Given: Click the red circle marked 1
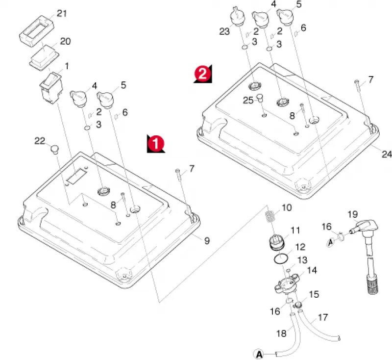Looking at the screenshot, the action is pyautogui.click(x=155, y=144).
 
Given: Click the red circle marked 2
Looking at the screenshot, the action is pyautogui.click(x=202, y=74).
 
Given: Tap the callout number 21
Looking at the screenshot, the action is pyautogui.click(x=62, y=13).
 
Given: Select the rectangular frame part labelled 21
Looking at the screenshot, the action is pyautogui.click(x=37, y=31).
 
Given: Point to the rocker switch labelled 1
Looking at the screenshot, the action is pyautogui.click(x=51, y=88).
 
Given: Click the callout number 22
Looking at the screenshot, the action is pyautogui.click(x=40, y=141).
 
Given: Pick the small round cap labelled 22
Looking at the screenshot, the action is pyautogui.click(x=55, y=149).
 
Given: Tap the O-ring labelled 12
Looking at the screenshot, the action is pyautogui.click(x=281, y=258).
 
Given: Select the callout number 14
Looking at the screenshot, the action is pyautogui.click(x=312, y=270).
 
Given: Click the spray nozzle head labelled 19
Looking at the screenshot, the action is pyautogui.click(x=365, y=226).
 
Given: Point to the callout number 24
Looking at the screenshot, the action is pyautogui.click(x=387, y=154).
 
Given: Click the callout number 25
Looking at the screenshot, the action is pyautogui.click(x=248, y=101).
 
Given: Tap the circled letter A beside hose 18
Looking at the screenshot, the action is pyautogui.click(x=259, y=354).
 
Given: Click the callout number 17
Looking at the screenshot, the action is pyautogui.click(x=322, y=317).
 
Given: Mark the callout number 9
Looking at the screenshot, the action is pyautogui.click(x=207, y=241).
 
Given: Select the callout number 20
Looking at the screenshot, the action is pyautogui.click(x=65, y=41).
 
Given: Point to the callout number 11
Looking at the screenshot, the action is pyautogui.click(x=295, y=230).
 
